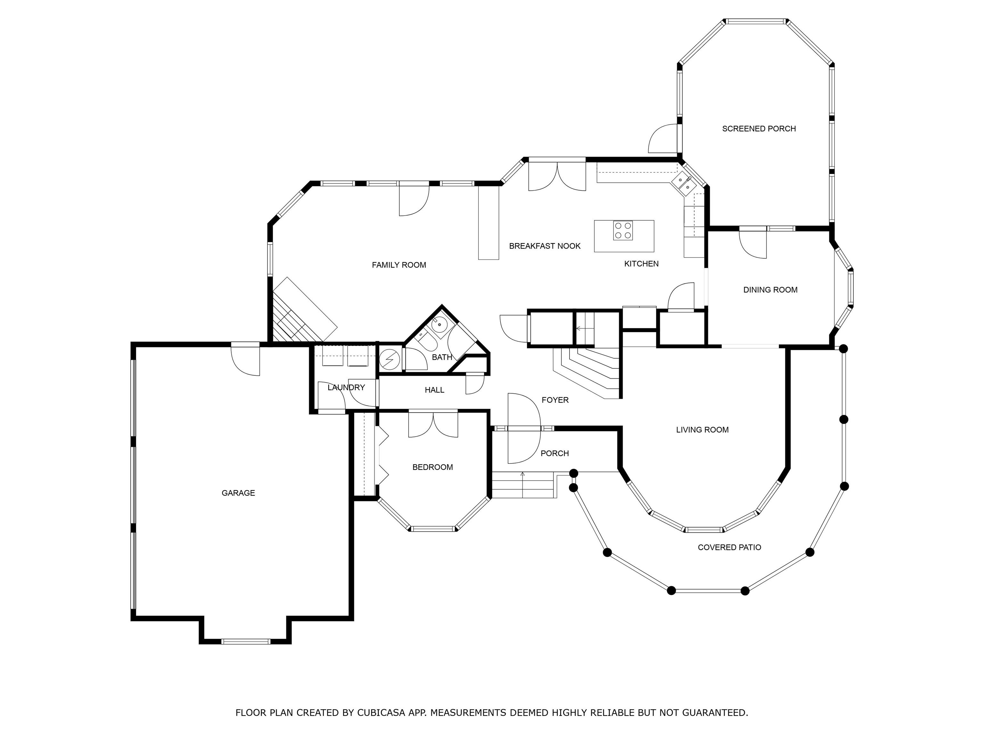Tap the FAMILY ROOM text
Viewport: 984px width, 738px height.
pos(399,265)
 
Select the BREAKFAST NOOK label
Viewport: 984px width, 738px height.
pos(545,246)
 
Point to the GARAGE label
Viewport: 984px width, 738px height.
pos(238,493)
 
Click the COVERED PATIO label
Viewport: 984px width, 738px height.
pos(730,548)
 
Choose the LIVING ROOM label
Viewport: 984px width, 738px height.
pos(702,430)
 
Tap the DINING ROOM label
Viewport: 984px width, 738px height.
pos(770,290)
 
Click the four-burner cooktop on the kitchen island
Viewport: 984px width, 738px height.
pos(623,230)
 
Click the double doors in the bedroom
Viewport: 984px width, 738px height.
pos(433,424)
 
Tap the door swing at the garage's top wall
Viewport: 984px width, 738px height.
pos(245,360)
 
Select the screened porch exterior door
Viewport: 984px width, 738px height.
pos(663,139)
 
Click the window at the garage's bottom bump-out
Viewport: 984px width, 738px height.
pos(246,642)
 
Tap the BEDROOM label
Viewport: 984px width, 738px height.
pos(433,467)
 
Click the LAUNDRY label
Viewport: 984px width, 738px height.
pos(346,388)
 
